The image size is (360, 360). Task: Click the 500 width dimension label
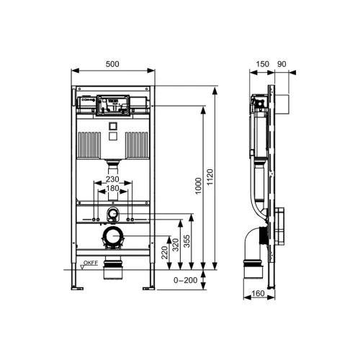click(x=112, y=64)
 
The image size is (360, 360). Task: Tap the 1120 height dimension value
click(x=210, y=177)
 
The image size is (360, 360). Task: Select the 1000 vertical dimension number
click(x=198, y=186)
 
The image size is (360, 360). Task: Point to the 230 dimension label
click(x=112, y=179)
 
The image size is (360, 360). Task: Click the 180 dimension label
click(x=112, y=188)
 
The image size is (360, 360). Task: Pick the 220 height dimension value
click(x=165, y=253)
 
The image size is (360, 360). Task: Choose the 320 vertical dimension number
click(x=176, y=245)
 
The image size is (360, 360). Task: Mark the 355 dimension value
click(x=186, y=241)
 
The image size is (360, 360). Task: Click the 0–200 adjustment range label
click(x=186, y=280)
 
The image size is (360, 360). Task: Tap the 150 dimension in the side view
click(x=262, y=64)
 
